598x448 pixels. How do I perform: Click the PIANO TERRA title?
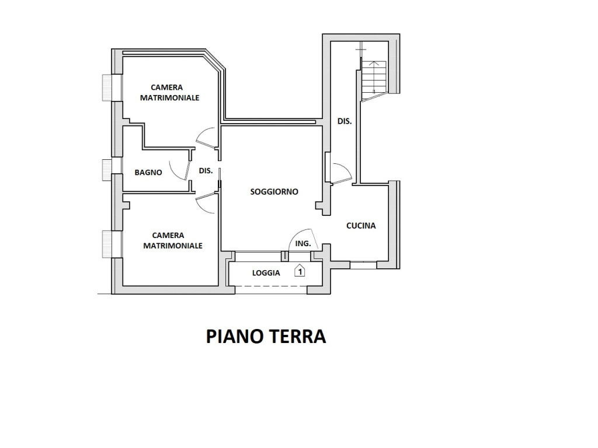(266, 337)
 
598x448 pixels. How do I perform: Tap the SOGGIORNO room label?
(274, 191)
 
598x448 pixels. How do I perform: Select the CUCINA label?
(361, 226)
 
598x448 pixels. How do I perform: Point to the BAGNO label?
(148, 173)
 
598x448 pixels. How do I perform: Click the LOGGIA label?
(266, 273)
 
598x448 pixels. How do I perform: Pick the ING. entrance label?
(303, 243)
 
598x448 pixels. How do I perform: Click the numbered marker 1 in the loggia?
(300, 271)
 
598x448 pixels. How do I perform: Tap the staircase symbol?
(374, 79)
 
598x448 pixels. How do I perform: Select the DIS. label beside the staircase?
(345, 121)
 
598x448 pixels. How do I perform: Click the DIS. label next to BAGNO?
(206, 171)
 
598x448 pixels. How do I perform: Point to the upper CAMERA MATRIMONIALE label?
(169, 93)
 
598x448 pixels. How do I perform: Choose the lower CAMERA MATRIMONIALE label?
(172, 240)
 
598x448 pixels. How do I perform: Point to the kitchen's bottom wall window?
(363, 265)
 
